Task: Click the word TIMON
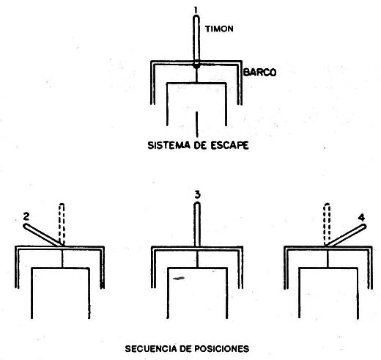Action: [x=219, y=29]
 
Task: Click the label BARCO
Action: [x=260, y=73]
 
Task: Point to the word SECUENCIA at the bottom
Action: [x=151, y=348]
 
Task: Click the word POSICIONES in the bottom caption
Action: [x=221, y=348]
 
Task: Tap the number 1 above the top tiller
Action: [x=196, y=10]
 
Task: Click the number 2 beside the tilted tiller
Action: [x=26, y=216]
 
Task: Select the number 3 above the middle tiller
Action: [x=197, y=195]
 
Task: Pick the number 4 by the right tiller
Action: [x=362, y=218]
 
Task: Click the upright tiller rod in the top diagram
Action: [x=196, y=39]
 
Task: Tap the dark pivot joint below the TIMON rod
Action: [x=196, y=65]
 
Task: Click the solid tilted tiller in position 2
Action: [x=43, y=235]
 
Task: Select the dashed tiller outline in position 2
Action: [x=62, y=224]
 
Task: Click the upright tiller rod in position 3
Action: [x=197, y=224]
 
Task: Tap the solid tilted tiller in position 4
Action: [x=346, y=235]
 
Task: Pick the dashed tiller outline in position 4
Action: [x=327, y=224]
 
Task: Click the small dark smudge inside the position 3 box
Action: [x=179, y=278]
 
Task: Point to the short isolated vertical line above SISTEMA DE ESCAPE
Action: [x=197, y=125]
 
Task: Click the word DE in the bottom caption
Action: [x=185, y=348]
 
